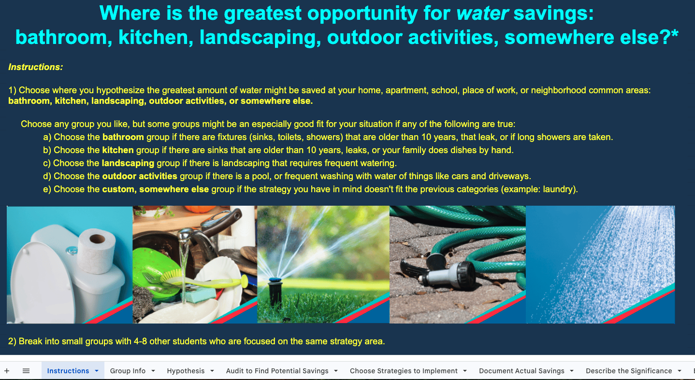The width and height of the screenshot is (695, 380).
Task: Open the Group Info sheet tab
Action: pos(128,371)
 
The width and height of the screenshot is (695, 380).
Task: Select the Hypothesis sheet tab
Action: pos(186,371)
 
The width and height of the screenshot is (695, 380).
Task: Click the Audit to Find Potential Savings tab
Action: pos(277,371)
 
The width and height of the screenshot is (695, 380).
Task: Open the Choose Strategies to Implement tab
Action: pos(404,371)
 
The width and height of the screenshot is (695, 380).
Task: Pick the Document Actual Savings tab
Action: pos(521,371)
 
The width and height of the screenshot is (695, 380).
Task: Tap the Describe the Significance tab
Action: pos(629,371)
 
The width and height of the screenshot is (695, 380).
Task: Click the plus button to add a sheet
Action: pos(7,371)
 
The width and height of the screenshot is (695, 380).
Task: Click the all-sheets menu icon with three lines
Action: pos(26,371)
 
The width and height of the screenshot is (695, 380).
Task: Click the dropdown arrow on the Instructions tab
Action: pos(97,371)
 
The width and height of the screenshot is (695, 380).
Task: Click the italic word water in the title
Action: pos(482,14)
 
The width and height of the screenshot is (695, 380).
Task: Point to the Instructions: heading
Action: pos(36,67)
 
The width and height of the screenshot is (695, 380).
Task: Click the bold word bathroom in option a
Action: pos(123,137)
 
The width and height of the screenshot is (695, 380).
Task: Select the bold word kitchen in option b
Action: pos(117,150)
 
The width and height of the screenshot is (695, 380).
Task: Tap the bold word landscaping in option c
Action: pos(128,163)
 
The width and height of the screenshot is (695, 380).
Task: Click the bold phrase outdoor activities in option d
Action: pos(140,176)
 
